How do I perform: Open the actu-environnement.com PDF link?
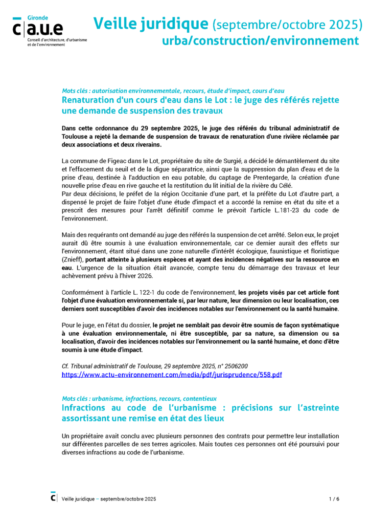point(171,375)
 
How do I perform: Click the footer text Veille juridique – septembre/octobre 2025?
point(109,499)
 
